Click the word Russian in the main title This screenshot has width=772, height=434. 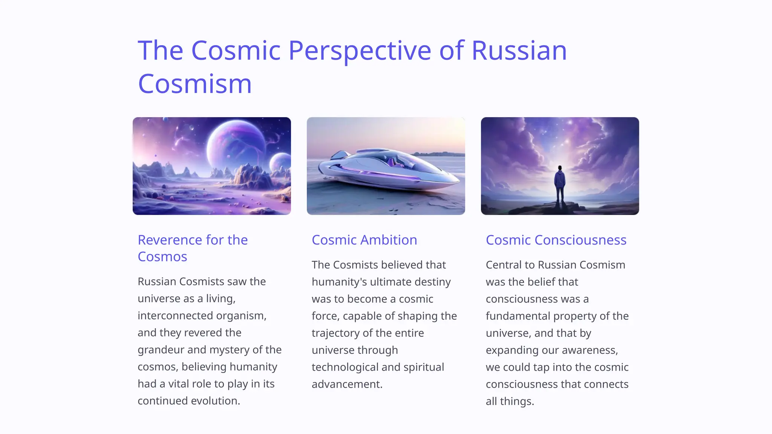coord(519,51)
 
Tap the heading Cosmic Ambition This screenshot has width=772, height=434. coord(364,240)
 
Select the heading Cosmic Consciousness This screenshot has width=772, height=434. coord(556,240)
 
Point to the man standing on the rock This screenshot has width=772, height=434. coord(560,185)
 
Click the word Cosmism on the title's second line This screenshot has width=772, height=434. coord(195,84)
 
